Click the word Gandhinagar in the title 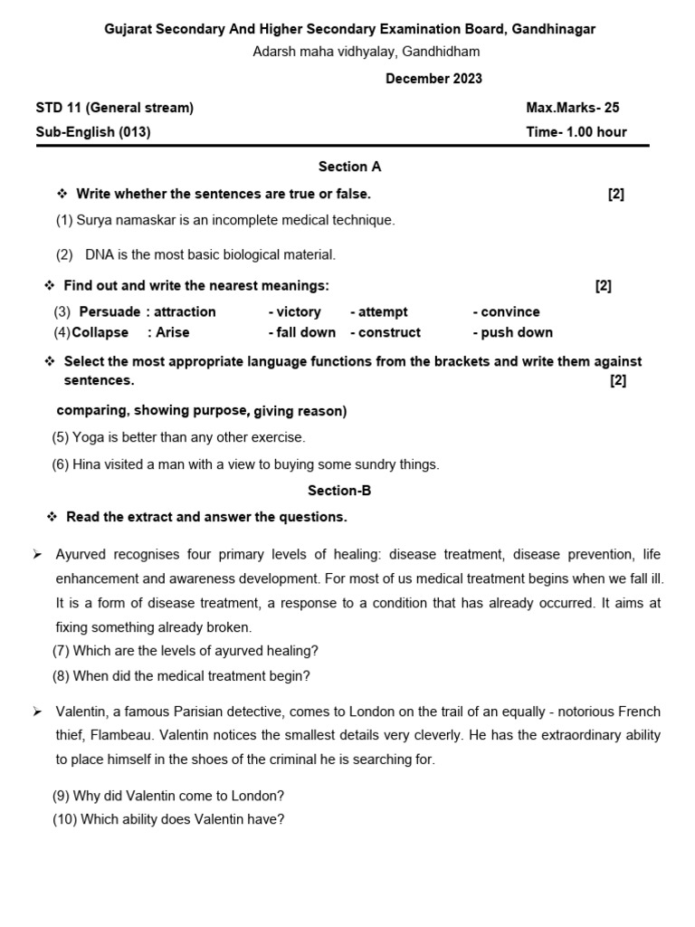point(553,29)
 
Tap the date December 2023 point(433,79)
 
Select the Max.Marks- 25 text point(572,108)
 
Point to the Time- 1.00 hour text point(576,132)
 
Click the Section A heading point(349,167)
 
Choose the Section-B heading point(339,491)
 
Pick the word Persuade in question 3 point(109,311)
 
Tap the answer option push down point(516,332)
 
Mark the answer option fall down point(305,332)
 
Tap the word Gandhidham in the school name point(441,52)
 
